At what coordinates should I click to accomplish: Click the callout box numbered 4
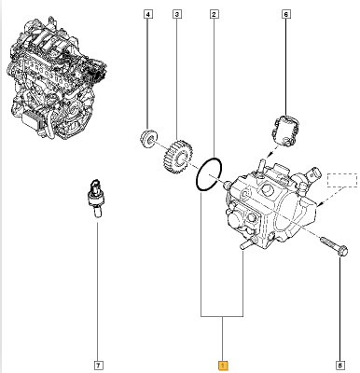(148, 14)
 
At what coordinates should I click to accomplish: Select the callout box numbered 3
(177, 14)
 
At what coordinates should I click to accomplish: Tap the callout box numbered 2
(214, 14)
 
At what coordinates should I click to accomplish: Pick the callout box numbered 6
(286, 14)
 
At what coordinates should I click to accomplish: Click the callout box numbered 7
(98, 365)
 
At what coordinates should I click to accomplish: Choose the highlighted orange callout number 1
(223, 366)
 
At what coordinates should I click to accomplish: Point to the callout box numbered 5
(340, 365)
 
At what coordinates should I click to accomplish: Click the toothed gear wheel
(177, 157)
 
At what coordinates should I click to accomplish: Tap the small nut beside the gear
(148, 139)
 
